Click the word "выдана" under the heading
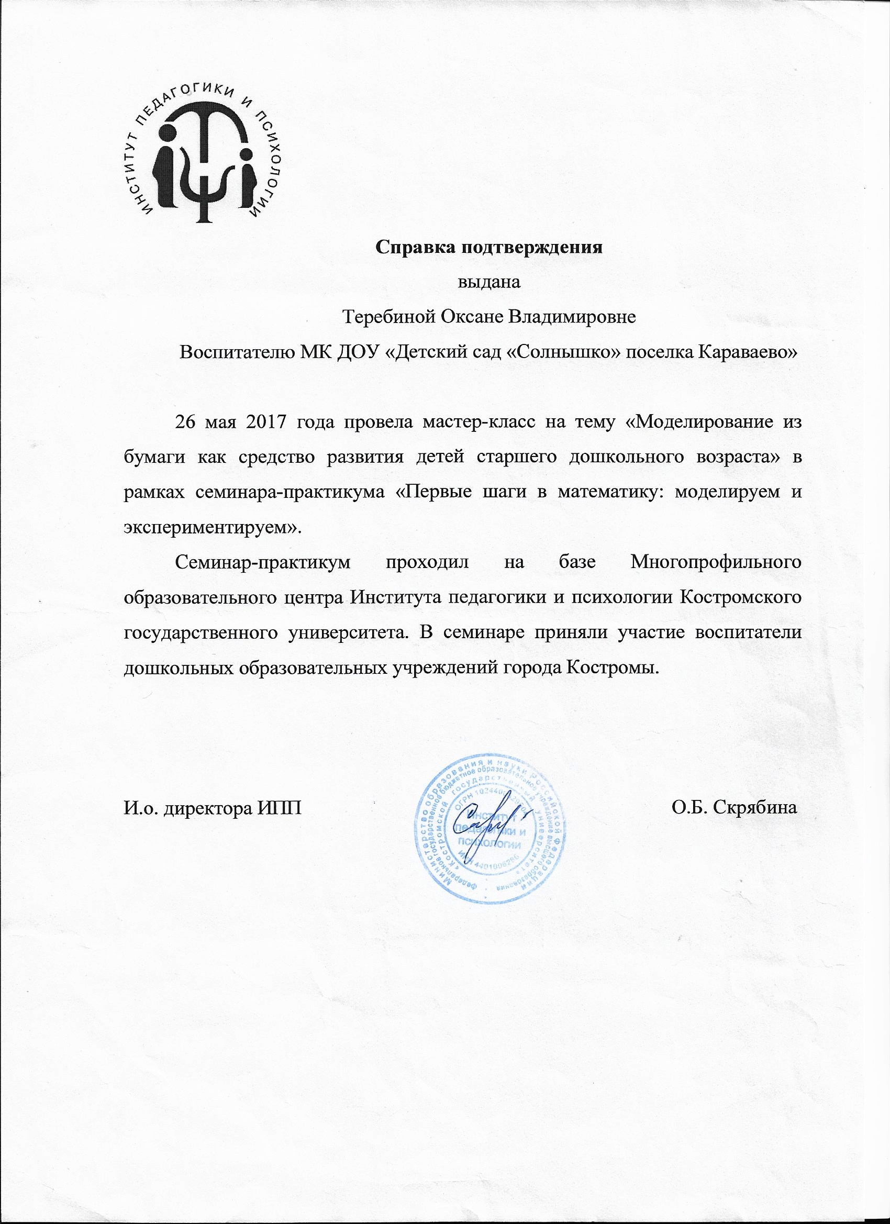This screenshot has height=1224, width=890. point(489,282)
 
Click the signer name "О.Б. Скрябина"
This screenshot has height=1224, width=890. point(735,808)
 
